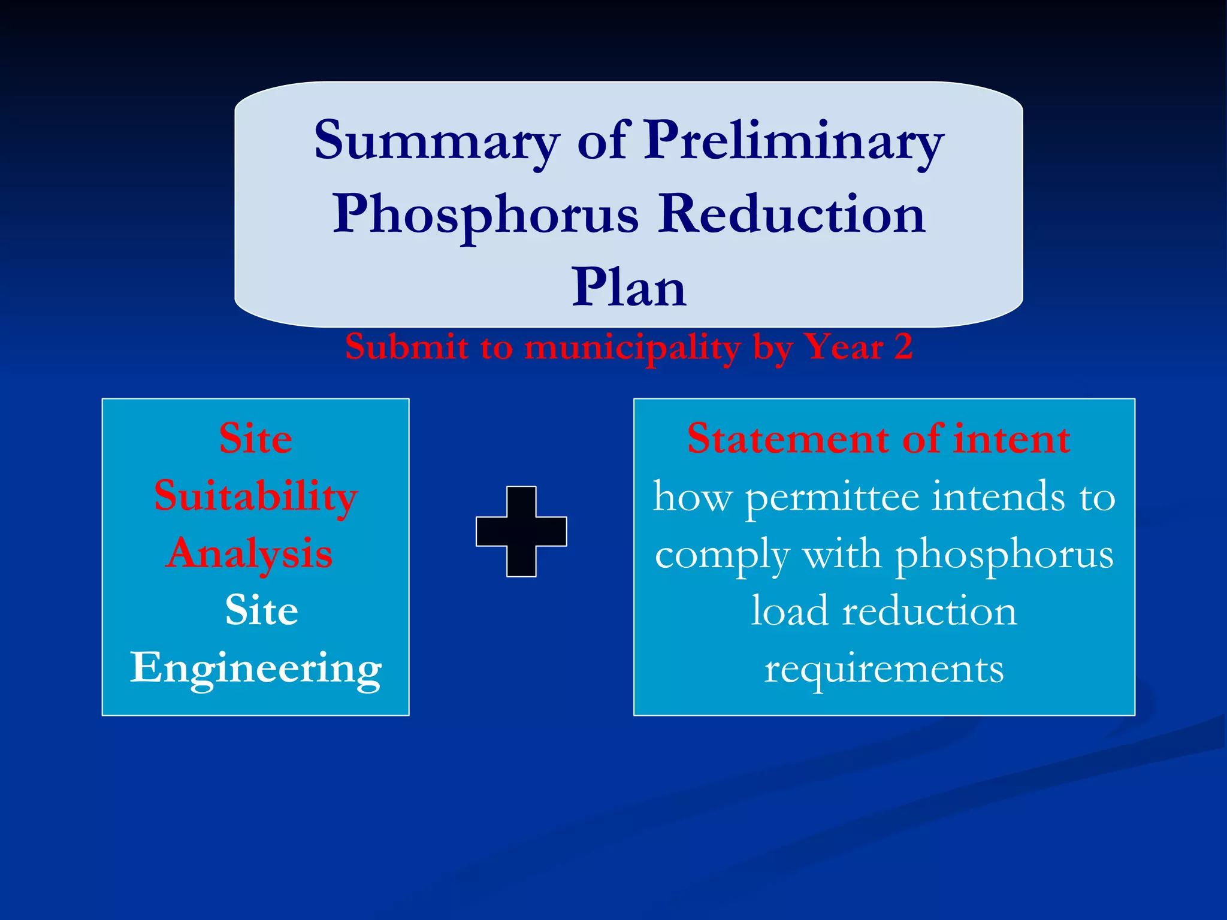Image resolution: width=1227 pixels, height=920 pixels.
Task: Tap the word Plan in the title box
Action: [x=628, y=288]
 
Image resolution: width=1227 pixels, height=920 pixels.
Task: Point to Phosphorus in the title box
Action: [x=486, y=214]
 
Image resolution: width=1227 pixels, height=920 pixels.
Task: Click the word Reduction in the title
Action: [x=791, y=214]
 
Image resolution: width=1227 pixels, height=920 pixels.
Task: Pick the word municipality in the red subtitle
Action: [x=633, y=347]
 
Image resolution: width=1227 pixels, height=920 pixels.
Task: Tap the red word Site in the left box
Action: [x=256, y=438]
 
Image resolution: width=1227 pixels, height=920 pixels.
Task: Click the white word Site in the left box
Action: [x=262, y=610]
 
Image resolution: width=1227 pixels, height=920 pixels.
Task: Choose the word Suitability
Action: [x=256, y=497]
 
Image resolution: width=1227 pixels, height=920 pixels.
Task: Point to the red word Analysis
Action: [x=250, y=553]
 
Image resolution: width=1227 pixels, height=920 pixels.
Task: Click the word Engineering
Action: [x=256, y=668]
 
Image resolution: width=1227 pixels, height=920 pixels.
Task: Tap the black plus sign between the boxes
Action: [x=521, y=531]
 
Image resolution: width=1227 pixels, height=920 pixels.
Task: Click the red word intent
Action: [x=1011, y=438]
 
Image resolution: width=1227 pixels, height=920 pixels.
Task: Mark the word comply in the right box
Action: [x=721, y=555]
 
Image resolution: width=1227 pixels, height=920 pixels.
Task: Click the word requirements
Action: [x=884, y=668]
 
